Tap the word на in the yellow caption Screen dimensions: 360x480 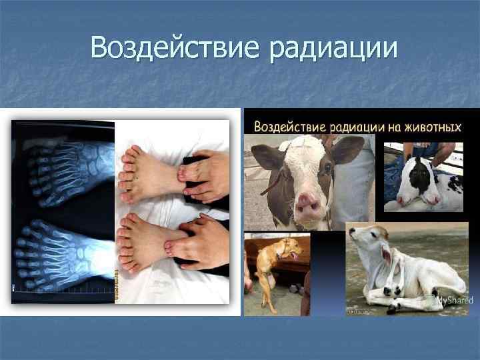(x=386, y=126)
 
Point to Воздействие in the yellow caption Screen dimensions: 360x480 (x=287, y=126)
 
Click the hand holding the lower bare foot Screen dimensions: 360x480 (x=200, y=243)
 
